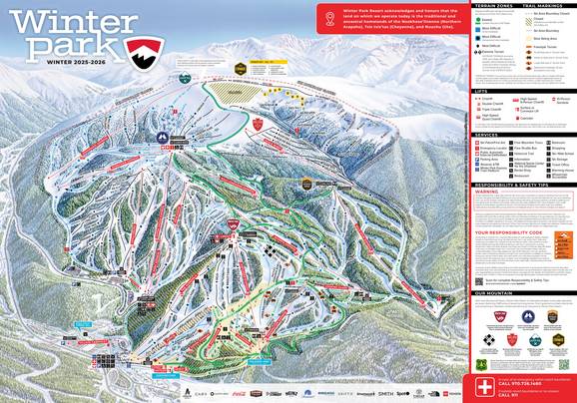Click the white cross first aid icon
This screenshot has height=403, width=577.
(x=483, y=385)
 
